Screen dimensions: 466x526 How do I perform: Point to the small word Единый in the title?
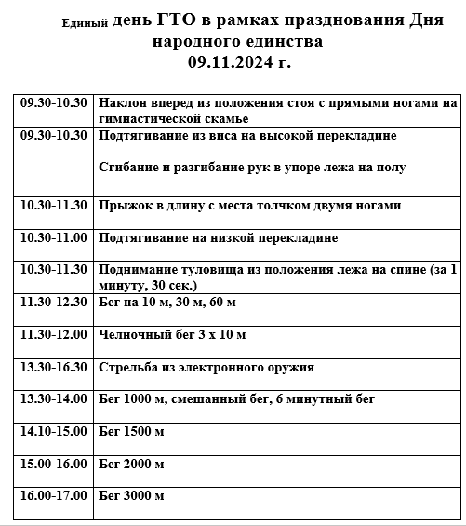click(x=85, y=24)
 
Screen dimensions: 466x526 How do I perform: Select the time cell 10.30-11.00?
click(x=53, y=238)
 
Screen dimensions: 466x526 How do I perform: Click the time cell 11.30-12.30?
click(x=53, y=302)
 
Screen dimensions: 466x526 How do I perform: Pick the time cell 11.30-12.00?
click(x=53, y=334)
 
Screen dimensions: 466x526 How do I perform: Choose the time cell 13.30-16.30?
click(x=53, y=367)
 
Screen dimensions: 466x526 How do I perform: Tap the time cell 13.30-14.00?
click(x=53, y=399)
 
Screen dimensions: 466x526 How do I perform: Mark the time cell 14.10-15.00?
click(x=53, y=432)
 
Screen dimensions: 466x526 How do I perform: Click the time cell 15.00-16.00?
click(x=53, y=464)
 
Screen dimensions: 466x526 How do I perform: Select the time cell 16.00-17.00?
click(x=53, y=495)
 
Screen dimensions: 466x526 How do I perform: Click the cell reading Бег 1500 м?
click(x=131, y=432)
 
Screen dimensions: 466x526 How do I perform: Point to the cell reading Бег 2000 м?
click(x=131, y=464)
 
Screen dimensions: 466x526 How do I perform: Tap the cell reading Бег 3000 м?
click(x=131, y=495)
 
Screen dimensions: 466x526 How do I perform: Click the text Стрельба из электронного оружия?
click(x=206, y=367)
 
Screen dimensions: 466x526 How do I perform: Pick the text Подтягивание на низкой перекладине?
click(x=218, y=238)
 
